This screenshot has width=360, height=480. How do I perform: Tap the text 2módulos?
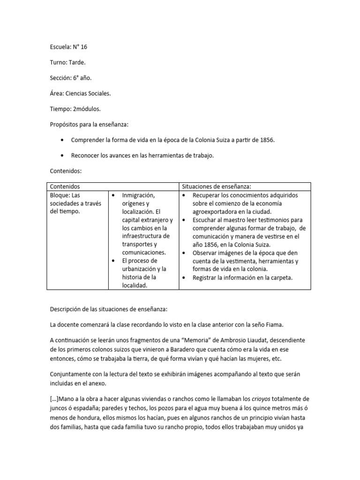86,109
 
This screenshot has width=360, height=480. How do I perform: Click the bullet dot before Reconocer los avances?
62,156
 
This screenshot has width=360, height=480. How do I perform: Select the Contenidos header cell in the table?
65,187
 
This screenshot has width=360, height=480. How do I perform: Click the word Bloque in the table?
60,195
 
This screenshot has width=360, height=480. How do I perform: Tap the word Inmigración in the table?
138,195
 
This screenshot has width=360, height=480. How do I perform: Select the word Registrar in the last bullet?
205,277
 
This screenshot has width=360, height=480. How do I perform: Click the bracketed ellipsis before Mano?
54,399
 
